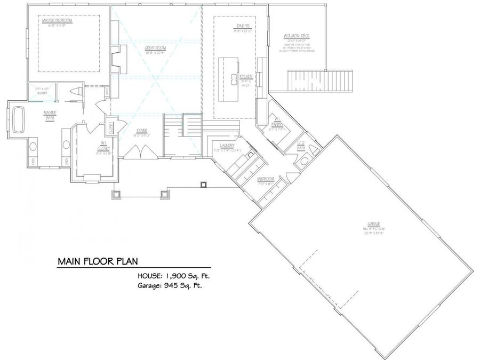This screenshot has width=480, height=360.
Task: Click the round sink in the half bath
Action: (x=304, y=161)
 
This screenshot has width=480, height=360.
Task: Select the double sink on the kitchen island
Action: (x=234, y=80)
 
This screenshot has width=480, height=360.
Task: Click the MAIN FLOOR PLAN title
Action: (x=98, y=261)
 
